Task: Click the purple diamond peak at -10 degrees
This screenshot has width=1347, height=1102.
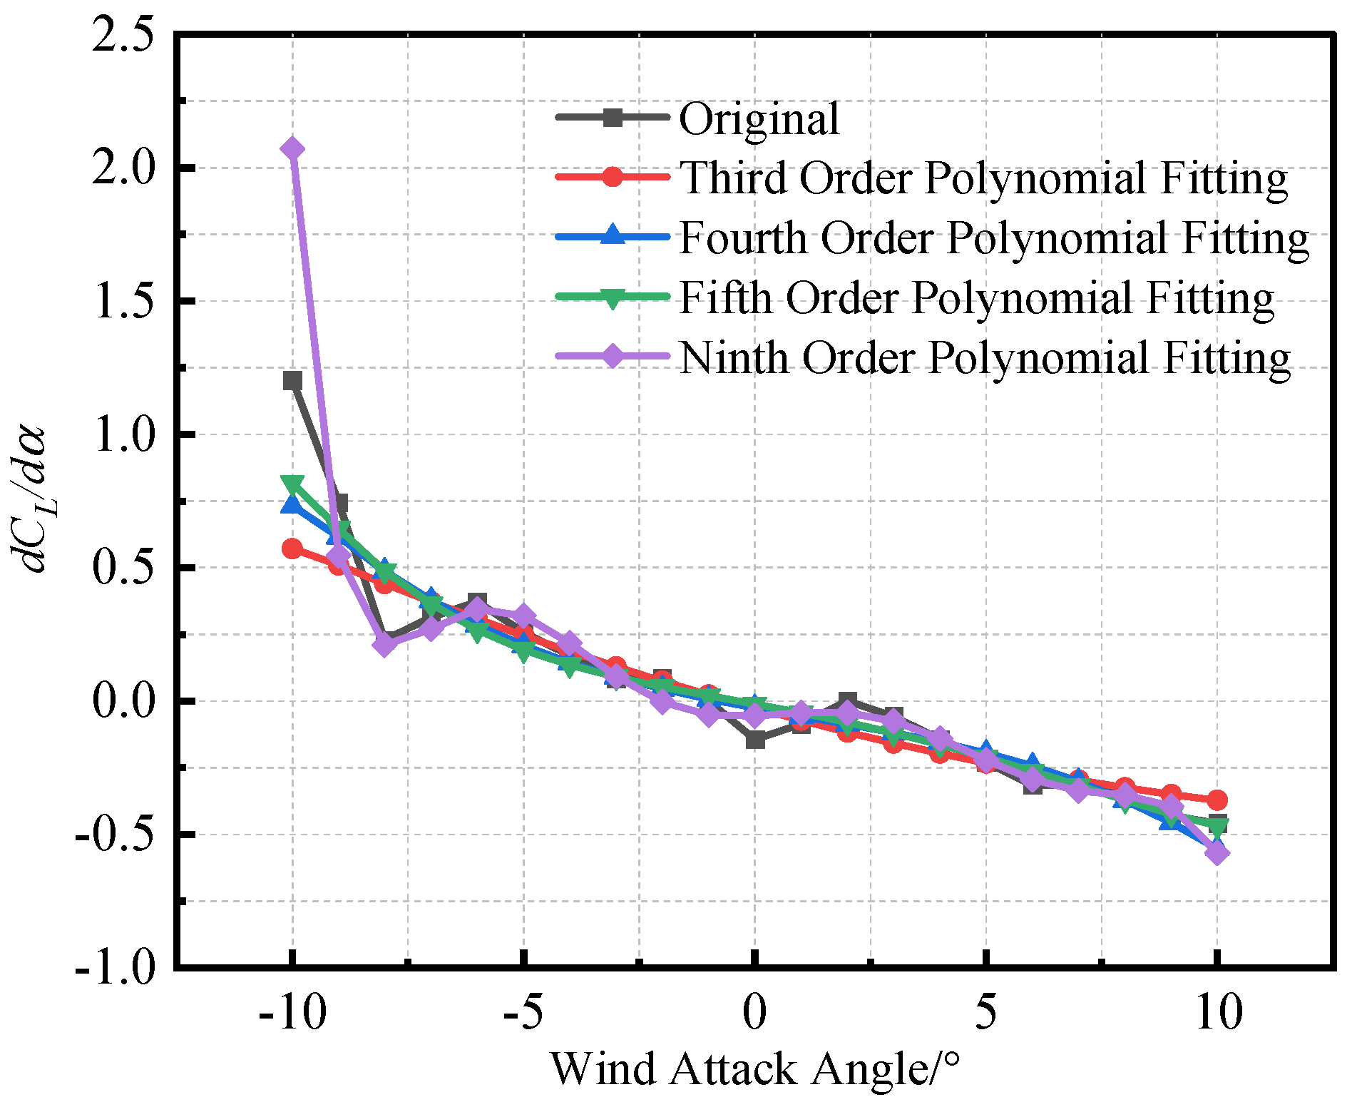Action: click(292, 149)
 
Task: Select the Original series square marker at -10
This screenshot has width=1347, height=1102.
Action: click(292, 380)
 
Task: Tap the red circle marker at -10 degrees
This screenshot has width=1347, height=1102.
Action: click(292, 549)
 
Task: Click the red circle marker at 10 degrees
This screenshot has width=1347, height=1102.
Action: click(1217, 800)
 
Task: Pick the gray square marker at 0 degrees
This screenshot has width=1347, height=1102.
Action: click(755, 740)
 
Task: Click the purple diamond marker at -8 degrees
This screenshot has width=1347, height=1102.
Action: click(384, 645)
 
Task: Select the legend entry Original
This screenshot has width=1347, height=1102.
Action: click(759, 118)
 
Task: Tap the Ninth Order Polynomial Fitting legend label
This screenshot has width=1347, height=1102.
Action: click(984, 357)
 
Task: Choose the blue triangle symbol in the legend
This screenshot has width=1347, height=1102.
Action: click(613, 235)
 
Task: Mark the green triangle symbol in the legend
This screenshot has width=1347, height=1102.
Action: click(613, 297)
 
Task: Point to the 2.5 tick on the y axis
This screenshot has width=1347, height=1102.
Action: click(124, 36)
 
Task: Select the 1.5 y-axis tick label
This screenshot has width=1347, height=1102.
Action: click(124, 301)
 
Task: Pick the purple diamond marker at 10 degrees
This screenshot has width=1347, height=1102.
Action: click(1217, 852)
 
